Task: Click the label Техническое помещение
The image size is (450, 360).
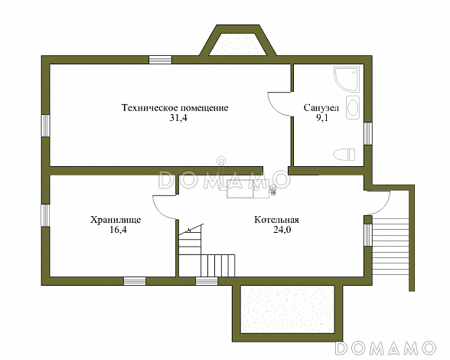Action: click(175, 108)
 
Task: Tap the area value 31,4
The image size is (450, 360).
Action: click(178, 118)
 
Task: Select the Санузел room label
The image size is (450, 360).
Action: click(321, 108)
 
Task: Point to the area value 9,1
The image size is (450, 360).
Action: click(322, 118)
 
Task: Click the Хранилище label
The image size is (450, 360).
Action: click(116, 220)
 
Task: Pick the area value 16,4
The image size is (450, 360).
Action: click(118, 230)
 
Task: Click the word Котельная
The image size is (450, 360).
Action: click(277, 220)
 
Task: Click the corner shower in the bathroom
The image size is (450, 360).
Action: click(347, 80)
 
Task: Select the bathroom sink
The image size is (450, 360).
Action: click(353, 107)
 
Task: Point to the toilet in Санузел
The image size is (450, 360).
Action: click(344, 155)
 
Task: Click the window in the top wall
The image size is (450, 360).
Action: click(160, 60)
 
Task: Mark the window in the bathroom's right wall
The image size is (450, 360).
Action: click(368, 133)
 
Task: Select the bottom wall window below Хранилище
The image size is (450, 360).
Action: click(135, 281)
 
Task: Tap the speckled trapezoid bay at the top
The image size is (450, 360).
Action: click(237, 44)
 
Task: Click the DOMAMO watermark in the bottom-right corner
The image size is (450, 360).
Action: click(386, 348)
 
